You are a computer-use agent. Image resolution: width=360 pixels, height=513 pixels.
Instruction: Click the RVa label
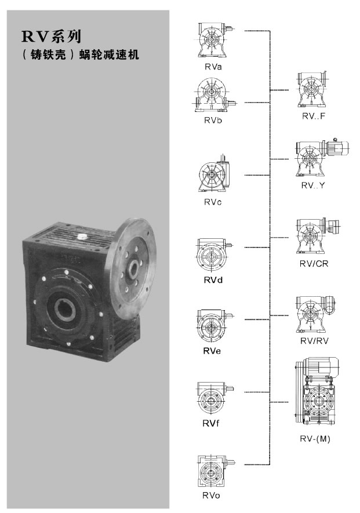click(x=213, y=67)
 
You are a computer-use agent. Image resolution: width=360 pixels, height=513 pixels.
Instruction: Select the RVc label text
click(x=213, y=202)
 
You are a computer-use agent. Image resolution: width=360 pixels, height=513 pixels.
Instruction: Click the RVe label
click(x=212, y=351)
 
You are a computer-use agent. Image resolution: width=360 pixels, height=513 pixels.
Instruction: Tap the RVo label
click(x=211, y=496)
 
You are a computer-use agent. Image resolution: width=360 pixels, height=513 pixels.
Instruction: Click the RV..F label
click(x=314, y=116)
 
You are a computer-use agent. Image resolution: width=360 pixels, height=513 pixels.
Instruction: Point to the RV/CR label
click(x=314, y=263)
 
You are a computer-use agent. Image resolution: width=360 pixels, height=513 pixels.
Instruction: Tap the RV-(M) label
click(x=315, y=439)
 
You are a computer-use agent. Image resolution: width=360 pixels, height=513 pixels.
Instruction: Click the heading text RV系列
click(x=52, y=37)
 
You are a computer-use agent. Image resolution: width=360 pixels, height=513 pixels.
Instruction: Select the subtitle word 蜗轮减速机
click(x=110, y=54)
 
